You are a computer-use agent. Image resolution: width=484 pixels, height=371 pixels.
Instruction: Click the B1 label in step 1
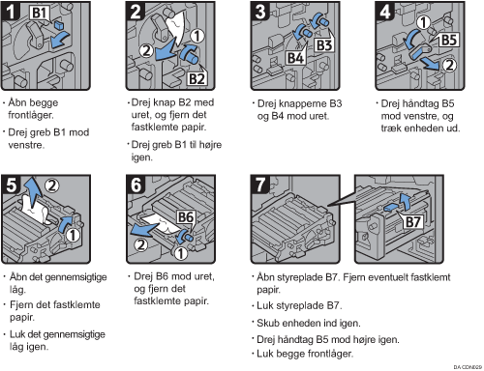click(x=40, y=13)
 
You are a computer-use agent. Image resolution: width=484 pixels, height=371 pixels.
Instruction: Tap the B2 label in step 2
click(x=197, y=78)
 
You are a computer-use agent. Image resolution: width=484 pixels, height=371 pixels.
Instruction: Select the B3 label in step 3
click(x=324, y=45)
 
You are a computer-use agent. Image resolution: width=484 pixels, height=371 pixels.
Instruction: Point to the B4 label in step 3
click(x=295, y=58)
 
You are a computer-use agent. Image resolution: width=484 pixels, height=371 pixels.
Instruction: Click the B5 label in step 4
click(x=449, y=41)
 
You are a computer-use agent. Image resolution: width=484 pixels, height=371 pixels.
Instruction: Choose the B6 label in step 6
click(x=186, y=217)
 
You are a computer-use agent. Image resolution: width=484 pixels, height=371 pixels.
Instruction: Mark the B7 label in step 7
click(x=412, y=222)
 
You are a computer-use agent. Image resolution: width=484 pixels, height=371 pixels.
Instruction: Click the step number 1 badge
click(x=10, y=11)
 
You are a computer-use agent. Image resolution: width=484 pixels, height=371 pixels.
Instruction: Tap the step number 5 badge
click(x=11, y=185)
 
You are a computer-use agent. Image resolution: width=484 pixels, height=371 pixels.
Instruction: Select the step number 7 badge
click(x=260, y=185)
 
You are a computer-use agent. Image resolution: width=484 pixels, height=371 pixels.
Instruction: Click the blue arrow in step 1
click(x=60, y=40)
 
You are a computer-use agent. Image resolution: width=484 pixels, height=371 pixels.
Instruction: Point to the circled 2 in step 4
click(x=449, y=65)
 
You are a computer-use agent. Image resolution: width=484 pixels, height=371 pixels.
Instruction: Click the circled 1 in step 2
click(x=197, y=36)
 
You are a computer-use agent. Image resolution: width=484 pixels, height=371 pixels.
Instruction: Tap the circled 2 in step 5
click(x=52, y=185)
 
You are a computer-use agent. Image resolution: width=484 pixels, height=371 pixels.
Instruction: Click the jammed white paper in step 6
click(x=160, y=224)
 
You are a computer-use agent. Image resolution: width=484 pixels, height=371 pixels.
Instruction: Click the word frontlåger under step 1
click(x=31, y=115)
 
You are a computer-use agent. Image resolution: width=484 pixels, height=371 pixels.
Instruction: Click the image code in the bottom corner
click(x=468, y=367)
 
